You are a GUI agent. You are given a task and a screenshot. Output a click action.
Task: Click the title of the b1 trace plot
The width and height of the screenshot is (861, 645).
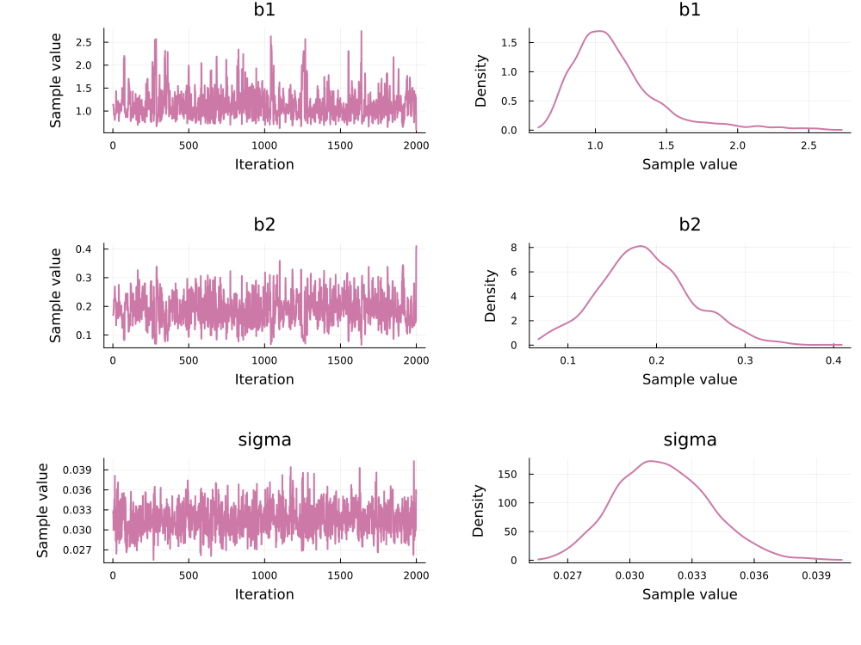[x=264, y=12]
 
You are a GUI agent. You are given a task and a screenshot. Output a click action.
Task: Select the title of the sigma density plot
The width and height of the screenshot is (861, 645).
[x=690, y=440]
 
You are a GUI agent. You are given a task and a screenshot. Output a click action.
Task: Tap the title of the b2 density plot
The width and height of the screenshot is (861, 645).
[x=690, y=225]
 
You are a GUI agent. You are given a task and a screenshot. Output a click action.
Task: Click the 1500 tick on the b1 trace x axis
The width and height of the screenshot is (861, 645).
[x=340, y=144]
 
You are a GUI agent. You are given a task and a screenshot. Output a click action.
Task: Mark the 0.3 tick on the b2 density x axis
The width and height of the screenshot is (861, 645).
[x=745, y=359]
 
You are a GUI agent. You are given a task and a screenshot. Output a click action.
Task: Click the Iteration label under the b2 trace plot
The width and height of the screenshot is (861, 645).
[x=264, y=378]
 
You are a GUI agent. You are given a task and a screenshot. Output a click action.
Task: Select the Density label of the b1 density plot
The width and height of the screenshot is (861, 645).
[x=483, y=81]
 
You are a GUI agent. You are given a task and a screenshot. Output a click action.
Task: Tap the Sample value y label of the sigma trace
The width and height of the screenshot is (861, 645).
[x=44, y=511]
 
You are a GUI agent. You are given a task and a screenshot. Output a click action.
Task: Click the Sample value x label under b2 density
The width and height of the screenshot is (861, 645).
[x=690, y=378]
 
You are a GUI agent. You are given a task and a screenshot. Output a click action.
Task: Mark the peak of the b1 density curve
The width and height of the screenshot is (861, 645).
[x=600, y=31]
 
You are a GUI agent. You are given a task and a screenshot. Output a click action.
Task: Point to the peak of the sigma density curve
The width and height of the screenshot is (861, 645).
[x=650, y=461]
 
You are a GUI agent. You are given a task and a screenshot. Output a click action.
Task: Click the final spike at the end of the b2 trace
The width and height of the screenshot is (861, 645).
[x=416, y=247]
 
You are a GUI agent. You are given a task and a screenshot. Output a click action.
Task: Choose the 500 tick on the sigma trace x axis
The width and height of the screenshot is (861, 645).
[x=189, y=574]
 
